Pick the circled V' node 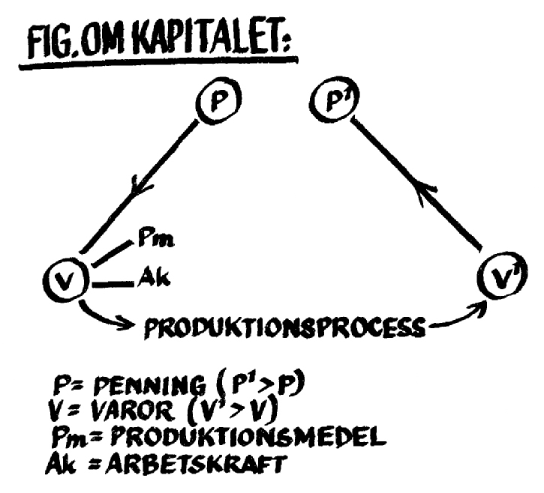pyautogui.click(x=497, y=279)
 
